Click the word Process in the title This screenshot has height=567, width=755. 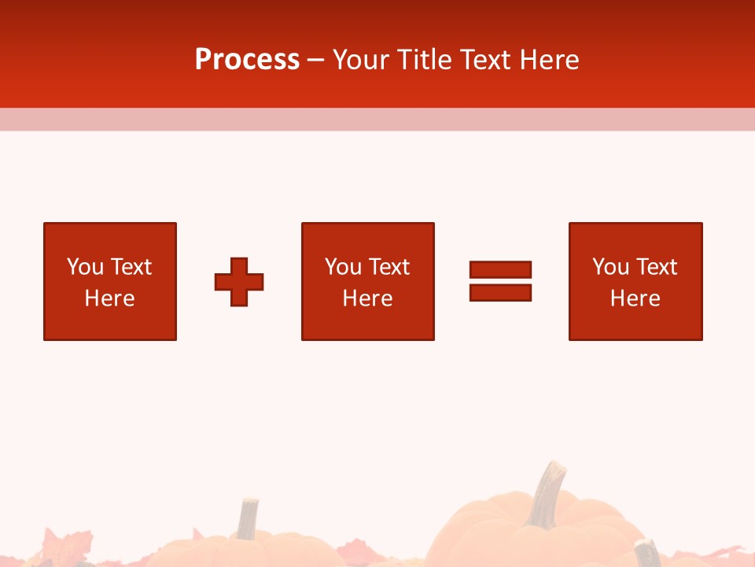point(247,60)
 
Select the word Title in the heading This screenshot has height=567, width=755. point(425,60)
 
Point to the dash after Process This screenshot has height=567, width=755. point(315,60)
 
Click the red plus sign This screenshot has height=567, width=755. point(239,281)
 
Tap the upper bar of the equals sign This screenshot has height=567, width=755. point(500,270)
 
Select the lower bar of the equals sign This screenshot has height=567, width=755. point(500,292)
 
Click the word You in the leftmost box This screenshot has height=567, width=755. point(85,267)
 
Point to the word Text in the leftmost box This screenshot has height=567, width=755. point(131,267)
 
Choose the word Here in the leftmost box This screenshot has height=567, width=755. point(109,298)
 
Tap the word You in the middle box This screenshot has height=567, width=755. point(343,267)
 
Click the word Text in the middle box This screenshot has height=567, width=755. point(389,267)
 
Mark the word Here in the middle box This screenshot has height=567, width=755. point(367,298)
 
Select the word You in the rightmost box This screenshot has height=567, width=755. point(610,267)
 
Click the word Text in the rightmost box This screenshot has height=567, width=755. point(656,267)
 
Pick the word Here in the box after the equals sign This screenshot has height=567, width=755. point(635,298)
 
